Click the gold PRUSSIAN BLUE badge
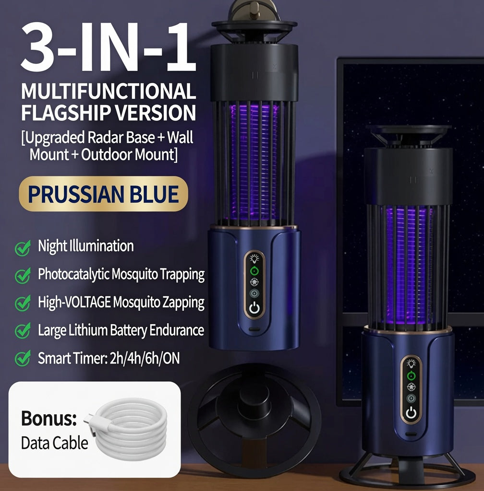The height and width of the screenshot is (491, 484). click(x=103, y=194)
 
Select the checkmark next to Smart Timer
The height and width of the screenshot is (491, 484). click(x=23, y=358)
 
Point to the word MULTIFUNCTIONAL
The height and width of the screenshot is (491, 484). click(x=109, y=91)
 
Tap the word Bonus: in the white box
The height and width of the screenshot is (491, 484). click(x=49, y=418)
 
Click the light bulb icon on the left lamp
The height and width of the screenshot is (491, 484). click(x=254, y=258)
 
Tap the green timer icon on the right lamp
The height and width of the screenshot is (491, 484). click(x=411, y=375)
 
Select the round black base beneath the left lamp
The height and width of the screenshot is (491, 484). click(x=254, y=413)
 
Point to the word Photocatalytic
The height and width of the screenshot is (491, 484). click(x=73, y=275)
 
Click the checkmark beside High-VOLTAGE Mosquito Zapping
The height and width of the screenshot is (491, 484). click(x=23, y=303)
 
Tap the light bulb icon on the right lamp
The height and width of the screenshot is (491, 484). click(x=411, y=363)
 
